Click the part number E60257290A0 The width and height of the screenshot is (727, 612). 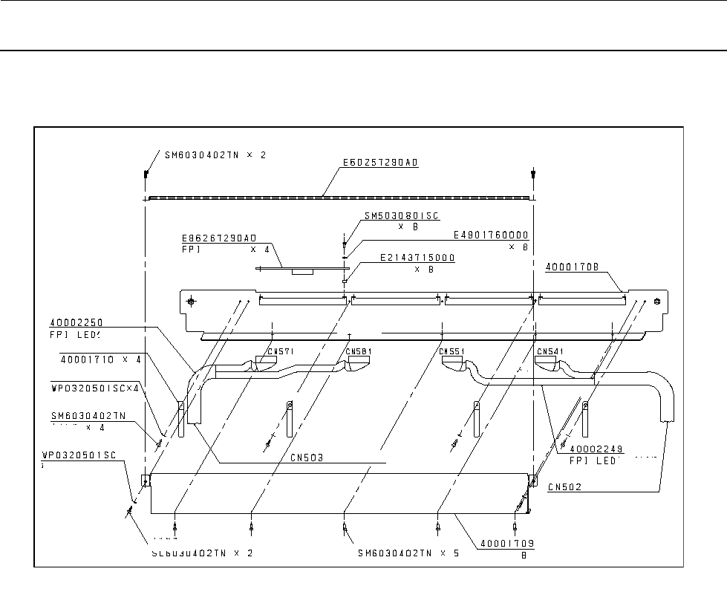380,162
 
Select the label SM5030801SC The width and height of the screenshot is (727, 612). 401,217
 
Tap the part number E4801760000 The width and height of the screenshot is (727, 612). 491,235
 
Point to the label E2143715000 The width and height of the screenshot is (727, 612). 417,258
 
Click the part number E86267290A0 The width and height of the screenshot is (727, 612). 218,238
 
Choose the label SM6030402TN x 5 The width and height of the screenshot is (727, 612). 408,553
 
